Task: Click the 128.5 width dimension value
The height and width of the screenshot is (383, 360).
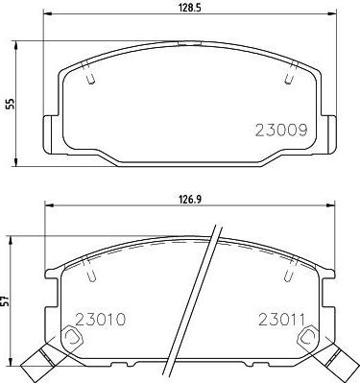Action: (189, 8)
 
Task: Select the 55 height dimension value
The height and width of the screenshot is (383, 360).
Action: (10, 104)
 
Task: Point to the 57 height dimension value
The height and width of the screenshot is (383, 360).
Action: (5, 300)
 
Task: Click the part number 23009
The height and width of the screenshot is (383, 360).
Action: (281, 131)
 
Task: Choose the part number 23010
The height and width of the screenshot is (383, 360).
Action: (100, 319)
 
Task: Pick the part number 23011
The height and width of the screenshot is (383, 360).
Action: (282, 319)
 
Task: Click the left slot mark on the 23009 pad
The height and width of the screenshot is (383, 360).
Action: (88, 73)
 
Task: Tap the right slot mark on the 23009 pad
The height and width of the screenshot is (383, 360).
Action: (291, 72)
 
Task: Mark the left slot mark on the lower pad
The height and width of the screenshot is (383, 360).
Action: (89, 270)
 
